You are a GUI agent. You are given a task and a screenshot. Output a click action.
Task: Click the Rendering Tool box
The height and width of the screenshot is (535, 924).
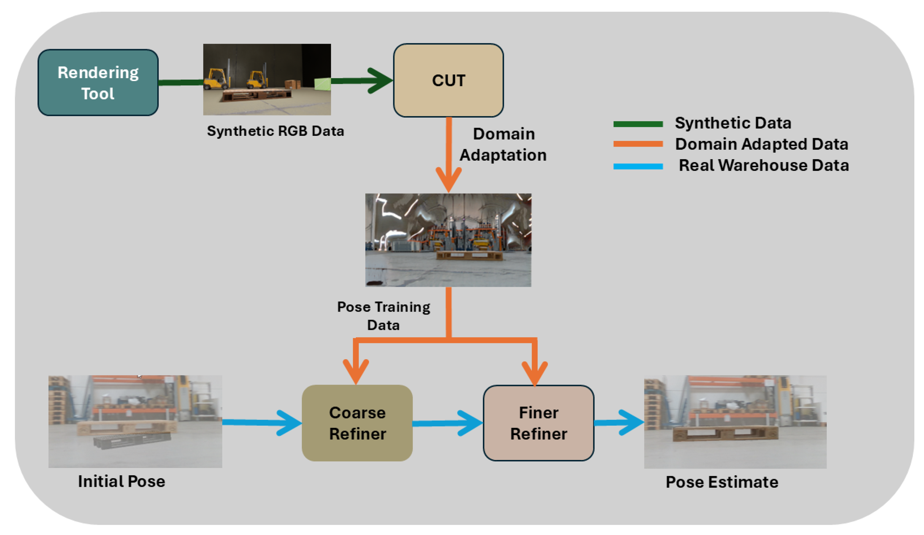(x=98, y=82)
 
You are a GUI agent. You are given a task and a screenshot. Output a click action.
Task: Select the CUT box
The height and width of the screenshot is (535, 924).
(x=448, y=80)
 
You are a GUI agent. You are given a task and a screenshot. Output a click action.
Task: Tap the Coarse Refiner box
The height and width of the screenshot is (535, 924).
(x=357, y=423)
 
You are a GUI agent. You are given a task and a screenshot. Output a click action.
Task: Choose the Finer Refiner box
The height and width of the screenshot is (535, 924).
(x=539, y=423)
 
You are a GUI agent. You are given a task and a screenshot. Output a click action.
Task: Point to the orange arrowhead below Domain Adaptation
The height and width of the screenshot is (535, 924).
(x=448, y=180)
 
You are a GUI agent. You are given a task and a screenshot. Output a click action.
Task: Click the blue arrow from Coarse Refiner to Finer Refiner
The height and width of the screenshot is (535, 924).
(x=448, y=423)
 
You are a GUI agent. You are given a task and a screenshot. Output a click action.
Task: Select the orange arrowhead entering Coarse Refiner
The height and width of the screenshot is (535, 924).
(x=356, y=372)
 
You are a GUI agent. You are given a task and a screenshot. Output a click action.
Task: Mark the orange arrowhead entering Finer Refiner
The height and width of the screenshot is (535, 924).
(x=534, y=373)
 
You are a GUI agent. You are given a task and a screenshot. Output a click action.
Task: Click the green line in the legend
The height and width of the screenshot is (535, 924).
(x=638, y=124)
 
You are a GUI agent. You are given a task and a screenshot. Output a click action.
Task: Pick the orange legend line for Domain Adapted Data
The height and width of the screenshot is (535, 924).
(x=638, y=144)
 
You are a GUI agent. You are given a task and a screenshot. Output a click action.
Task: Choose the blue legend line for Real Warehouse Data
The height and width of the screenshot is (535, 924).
(x=638, y=166)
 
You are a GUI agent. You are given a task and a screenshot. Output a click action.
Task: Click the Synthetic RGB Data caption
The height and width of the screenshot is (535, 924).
(x=275, y=131)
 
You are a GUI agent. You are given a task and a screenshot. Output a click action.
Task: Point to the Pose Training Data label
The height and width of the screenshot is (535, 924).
(x=384, y=316)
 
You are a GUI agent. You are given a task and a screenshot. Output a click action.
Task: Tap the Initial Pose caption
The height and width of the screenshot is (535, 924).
(x=121, y=481)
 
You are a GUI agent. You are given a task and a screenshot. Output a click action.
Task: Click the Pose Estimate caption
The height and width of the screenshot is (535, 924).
(x=722, y=482)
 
